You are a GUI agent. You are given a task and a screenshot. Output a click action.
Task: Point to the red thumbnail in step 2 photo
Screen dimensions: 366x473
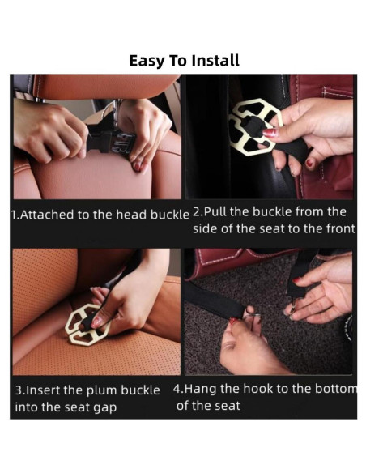[x=270, y=133]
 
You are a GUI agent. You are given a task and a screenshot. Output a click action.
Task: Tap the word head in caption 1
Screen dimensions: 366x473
[x=132, y=215]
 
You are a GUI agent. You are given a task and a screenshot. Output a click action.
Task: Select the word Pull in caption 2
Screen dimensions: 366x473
[x=215, y=211]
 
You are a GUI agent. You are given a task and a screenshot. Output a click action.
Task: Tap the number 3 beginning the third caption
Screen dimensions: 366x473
[x=19, y=390]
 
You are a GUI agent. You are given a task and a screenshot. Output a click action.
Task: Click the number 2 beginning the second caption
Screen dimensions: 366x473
[x=196, y=211]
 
